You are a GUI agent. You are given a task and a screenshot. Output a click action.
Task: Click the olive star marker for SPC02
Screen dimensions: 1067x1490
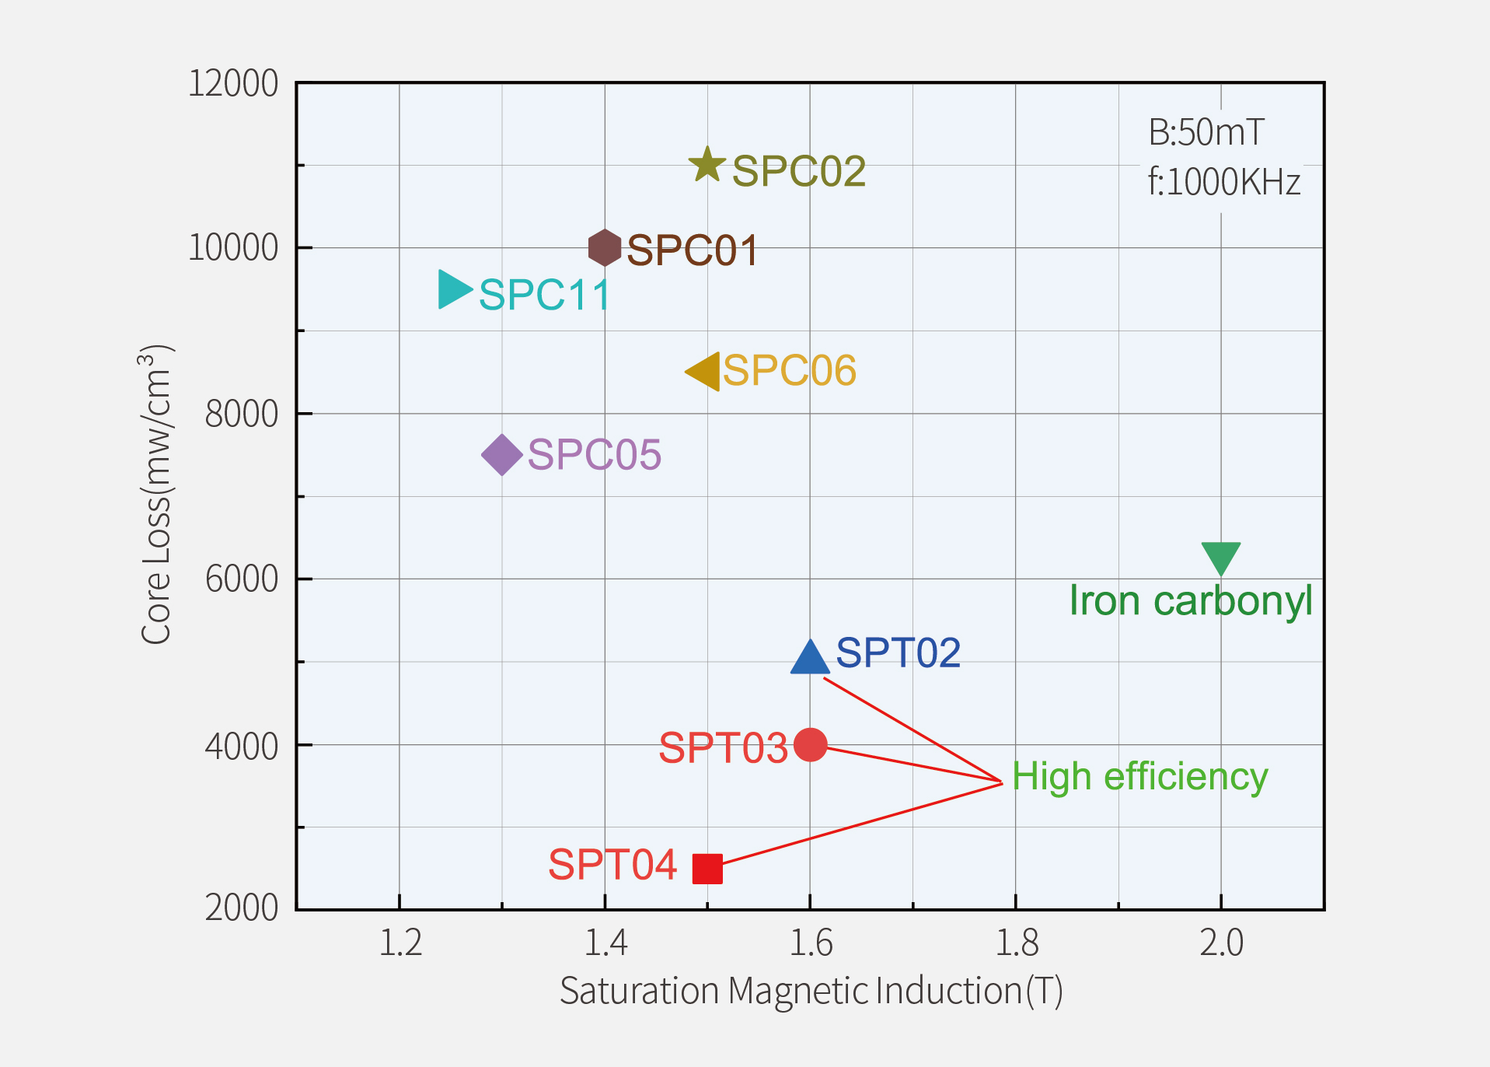(x=707, y=165)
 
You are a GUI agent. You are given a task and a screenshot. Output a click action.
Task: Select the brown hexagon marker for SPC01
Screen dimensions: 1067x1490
(x=605, y=248)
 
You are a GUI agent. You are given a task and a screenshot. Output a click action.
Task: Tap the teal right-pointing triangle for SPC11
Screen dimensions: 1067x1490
(x=453, y=289)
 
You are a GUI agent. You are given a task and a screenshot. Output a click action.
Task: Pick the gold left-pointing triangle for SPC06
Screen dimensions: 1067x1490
(x=705, y=372)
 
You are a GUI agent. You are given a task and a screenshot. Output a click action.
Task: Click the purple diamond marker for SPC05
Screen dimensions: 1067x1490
(x=502, y=455)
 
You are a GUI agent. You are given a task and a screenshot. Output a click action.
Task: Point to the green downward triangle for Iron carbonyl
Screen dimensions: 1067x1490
(x=1221, y=557)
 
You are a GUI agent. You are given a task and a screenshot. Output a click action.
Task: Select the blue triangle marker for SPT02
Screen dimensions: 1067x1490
(x=810, y=659)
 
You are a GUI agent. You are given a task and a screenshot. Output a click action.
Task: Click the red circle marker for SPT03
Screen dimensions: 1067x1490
(x=810, y=745)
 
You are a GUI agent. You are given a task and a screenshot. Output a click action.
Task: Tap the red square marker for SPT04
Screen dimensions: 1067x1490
(x=707, y=869)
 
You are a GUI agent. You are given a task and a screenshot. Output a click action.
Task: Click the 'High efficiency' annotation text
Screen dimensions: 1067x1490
(x=1139, y=778)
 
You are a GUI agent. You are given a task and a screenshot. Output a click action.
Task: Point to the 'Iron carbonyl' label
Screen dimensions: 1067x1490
(x=1191, y=601)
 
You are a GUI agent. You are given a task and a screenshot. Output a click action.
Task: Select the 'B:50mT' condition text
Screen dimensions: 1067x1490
(x=1206, y=133)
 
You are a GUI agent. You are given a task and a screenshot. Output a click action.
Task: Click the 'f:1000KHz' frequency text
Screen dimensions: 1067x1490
(x=1223, y=183)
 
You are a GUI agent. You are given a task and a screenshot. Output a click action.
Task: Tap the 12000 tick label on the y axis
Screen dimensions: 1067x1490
(x=233, y=84)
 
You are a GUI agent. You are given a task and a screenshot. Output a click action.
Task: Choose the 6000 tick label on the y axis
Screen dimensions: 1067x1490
(x=242, y=579)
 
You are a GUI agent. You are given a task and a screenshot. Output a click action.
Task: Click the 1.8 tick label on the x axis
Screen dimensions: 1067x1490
(x=1016, y=943)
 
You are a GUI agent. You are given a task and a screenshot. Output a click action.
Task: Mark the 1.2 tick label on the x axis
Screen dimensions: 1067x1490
(x=400, y=943)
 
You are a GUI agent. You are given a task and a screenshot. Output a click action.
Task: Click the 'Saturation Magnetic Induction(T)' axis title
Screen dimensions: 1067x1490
(x=811, y=992)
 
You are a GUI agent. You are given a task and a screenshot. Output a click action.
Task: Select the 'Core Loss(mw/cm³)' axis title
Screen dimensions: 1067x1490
(x=155, y=495)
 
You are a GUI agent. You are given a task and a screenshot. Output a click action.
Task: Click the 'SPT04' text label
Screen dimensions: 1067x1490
(x=612, y=865)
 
